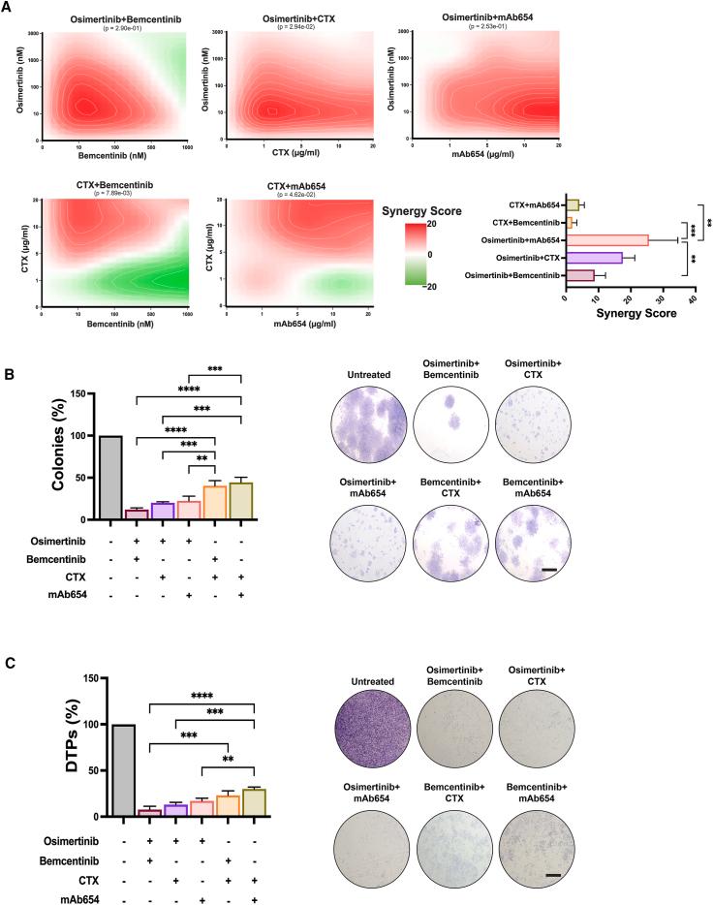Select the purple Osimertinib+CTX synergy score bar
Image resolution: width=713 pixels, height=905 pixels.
(x=594, y=258)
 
